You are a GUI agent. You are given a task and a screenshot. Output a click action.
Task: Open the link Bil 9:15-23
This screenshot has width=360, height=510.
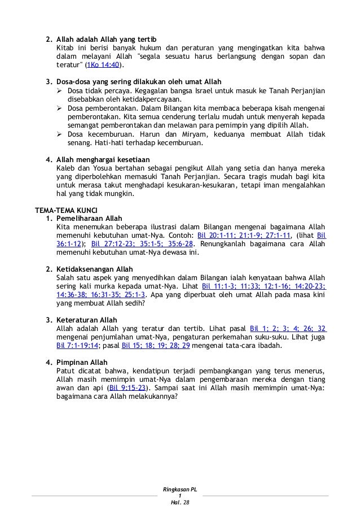[x=128, y=388]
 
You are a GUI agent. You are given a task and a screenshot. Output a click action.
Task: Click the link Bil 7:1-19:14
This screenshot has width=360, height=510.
[x=78, y=346]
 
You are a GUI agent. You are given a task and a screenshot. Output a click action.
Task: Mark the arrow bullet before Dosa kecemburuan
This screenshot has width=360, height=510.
[x=60, y=134]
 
